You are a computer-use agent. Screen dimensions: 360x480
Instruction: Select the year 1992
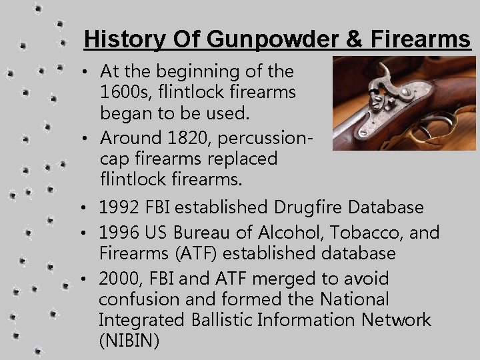120,207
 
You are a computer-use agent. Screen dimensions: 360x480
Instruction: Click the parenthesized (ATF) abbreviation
196,254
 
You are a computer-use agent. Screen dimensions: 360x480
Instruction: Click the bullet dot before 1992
89,208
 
